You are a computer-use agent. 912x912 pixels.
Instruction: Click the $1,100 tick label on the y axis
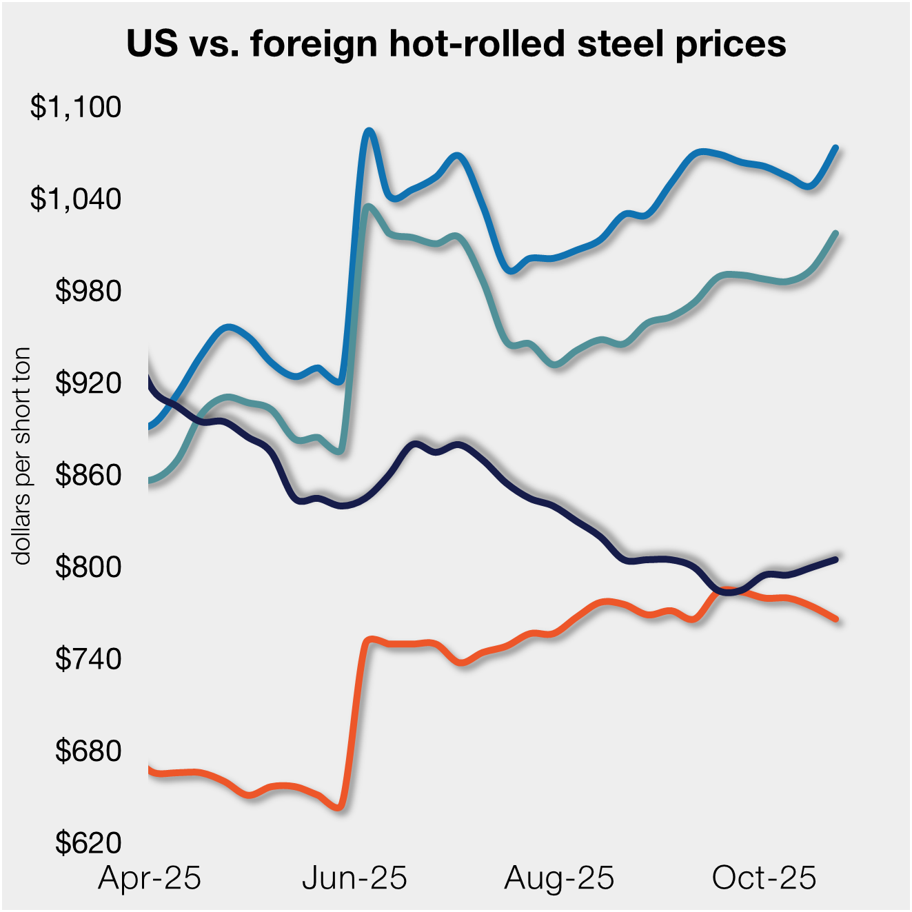(75, 107)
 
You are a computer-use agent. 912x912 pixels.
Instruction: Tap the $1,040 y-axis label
(75, 199)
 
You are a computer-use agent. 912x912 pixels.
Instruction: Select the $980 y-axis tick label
(88, 291)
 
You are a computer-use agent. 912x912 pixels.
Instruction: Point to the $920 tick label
(88, 383)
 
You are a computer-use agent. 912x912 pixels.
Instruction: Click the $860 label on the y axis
(88, 475)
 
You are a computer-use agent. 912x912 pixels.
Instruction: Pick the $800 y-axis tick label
(88, 567)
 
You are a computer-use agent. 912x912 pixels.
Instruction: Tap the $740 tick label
(88, 659)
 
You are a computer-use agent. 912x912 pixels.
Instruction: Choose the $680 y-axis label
(88, 751)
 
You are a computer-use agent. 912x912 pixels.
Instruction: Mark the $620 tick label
(88, 842)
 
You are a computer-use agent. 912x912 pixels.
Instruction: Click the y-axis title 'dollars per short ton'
(22, 456)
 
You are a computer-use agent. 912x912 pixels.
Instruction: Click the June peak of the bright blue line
(369, 130)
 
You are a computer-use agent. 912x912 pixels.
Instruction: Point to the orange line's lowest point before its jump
(339, 807)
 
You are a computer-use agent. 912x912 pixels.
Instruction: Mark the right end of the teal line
(836, 233)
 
